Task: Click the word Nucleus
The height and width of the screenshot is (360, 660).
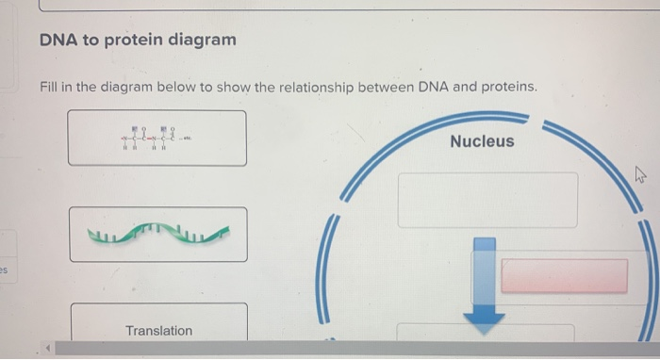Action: [x=482, y=141]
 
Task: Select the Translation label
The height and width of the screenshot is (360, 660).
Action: [x=158, y=331]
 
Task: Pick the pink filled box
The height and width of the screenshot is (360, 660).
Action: [x=564, y=276]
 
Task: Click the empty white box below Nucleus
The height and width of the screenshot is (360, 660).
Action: [x=487, y=200]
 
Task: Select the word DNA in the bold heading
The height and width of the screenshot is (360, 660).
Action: [x=58, y=41]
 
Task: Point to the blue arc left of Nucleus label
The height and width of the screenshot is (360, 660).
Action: [x=396, y=151]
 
